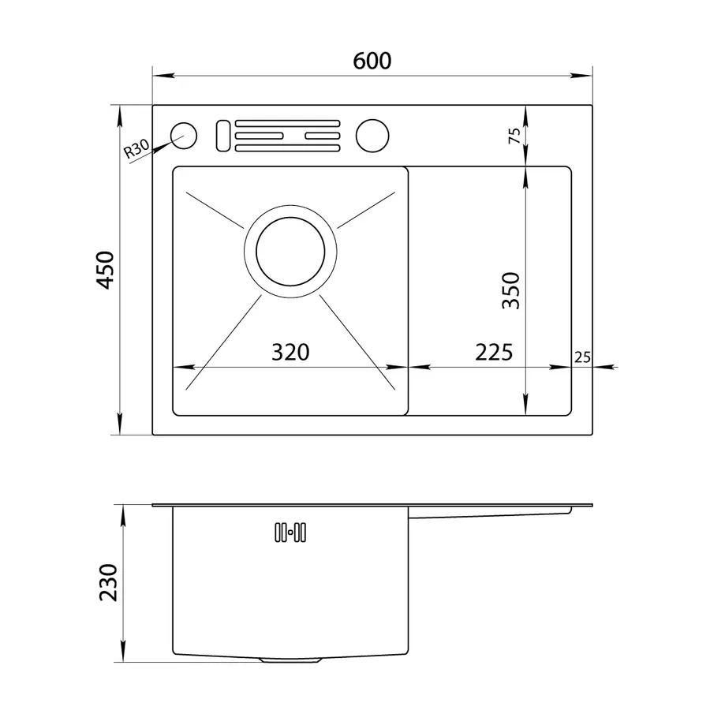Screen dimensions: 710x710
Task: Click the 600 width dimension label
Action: [372, 61]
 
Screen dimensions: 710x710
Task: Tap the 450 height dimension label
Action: [106, 270]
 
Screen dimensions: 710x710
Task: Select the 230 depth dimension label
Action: [108, 582]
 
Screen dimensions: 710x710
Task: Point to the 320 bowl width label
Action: [290, 352]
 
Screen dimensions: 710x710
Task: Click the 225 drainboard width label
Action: [494, 352]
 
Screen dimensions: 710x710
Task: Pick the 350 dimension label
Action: [510, 290]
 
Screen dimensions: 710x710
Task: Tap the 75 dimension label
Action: [514, 136]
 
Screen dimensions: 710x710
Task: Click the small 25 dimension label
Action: [582, 357]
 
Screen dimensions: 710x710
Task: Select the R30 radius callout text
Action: [136, 148]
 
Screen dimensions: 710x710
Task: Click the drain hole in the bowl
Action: [290, 252]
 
